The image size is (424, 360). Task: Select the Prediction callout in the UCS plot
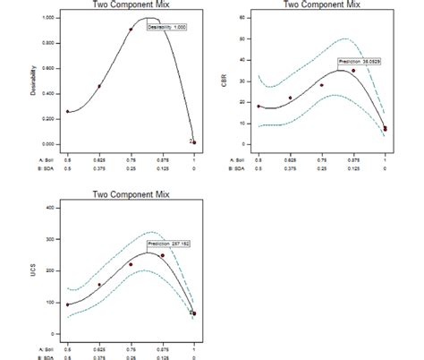tap(167, 243)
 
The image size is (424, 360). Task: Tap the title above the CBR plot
tap(322, 4)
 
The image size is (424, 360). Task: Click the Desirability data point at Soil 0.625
tap(99, 86)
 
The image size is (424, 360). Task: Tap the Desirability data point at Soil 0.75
tap(131, 30)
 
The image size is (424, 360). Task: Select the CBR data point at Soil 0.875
tap(353, 71)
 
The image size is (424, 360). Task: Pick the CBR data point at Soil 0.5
tap(259, 107)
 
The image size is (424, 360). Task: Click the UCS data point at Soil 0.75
tap(131, 264)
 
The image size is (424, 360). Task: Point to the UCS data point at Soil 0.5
tap(67, 304)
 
